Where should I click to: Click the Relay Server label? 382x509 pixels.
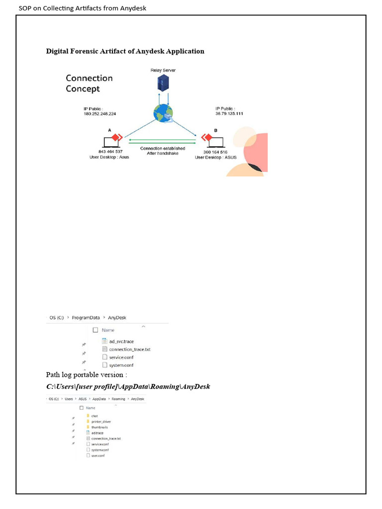tap(163, 71)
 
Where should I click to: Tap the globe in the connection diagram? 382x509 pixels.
tap(163, 114)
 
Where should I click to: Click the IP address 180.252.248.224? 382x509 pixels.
tap(99, 114)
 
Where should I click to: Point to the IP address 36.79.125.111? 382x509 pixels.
tap(229, 114)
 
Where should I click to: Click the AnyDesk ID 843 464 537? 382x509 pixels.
tap(110, 152)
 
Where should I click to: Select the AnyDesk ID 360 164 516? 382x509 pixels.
tap(215, 152)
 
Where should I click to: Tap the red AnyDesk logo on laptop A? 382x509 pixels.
tap(115, 137)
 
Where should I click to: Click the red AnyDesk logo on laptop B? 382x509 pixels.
tap(204, 137)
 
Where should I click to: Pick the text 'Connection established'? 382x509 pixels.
tap(163, 148)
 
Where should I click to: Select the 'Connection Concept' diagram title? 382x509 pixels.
tap(89, 84)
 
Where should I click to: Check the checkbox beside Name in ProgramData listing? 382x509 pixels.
tap(95, 330)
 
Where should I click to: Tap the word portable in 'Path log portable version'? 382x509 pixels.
tap(87, 374)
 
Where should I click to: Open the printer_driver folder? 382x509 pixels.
tap(101, 422)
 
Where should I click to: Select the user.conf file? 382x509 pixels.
tap(98, 455)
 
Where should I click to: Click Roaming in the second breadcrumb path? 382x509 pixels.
tap(118, 399)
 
